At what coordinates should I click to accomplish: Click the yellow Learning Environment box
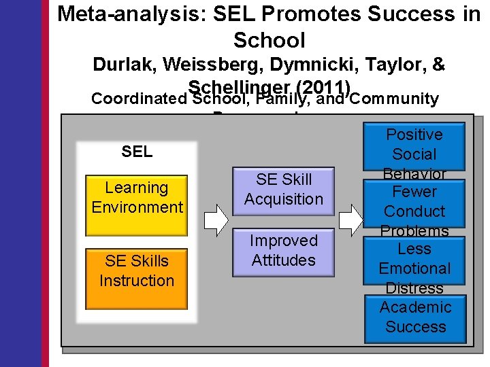tap(137, 197)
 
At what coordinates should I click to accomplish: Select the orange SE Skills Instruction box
tap(137, 270)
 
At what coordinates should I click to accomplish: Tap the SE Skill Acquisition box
tap(283, 190)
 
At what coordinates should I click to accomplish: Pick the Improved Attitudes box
tap(283, 250)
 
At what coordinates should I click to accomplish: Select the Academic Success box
tap(415, 317)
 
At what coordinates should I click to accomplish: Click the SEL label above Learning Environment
tap(137, 152)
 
